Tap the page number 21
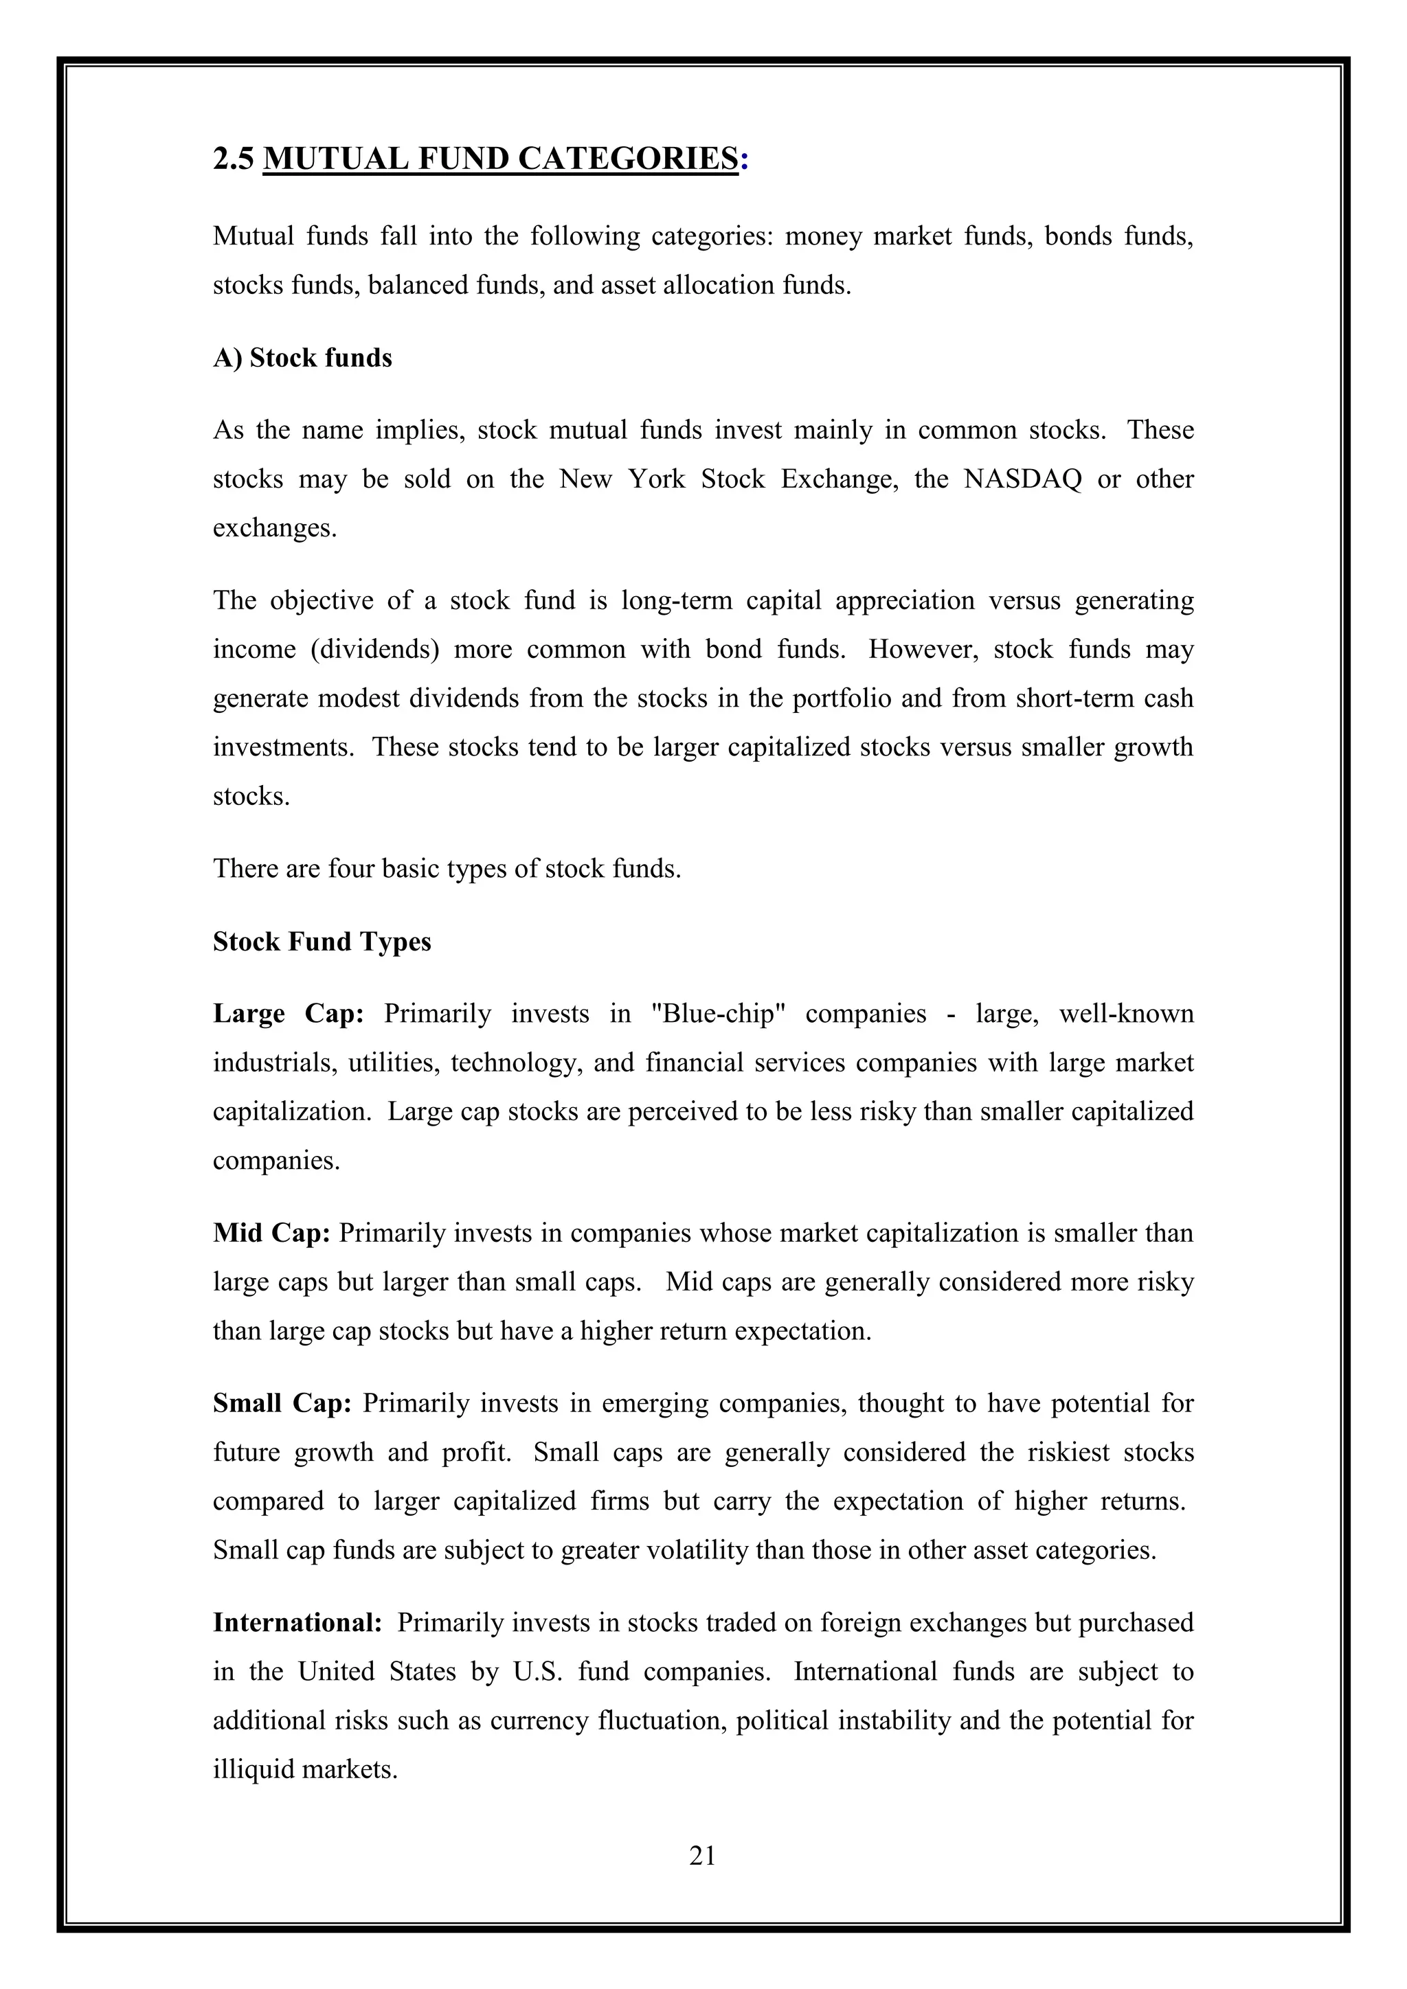[703, 1854]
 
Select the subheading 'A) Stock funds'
[302, 358]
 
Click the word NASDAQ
[1022, 479]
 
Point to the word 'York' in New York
[657, 479]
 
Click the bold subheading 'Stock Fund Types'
[322, 942]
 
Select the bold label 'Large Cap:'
[289, 1014]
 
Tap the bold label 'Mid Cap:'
[271, 1233]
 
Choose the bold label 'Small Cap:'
[282, 1403]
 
